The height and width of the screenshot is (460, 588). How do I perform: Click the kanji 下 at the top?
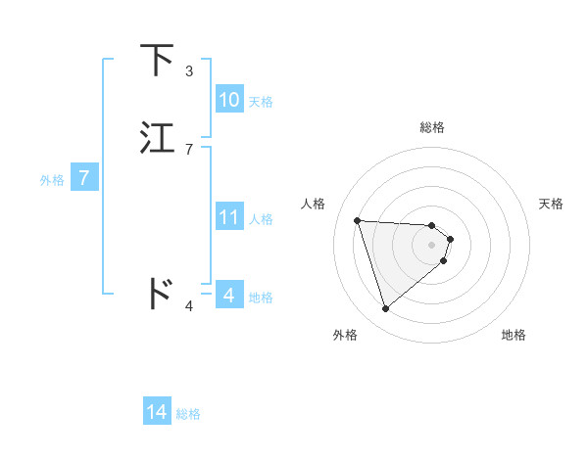tap(158, 60)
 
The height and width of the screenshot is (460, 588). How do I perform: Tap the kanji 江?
tap(158, 138)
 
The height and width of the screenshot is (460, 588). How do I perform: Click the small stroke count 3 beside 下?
tap(189, 71)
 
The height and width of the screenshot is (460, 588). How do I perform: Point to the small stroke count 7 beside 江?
tap(189, 150)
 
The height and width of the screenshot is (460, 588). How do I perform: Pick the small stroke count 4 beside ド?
tap(189, 306)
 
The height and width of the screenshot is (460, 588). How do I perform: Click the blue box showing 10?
tap(228, 100)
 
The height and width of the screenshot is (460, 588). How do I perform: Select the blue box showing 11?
tap(228, 217)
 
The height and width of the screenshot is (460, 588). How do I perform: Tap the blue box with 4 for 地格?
tap(228, 295)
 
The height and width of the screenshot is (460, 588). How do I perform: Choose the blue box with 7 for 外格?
tap(84, 179)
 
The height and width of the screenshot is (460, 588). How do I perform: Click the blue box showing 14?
tap(157, 412)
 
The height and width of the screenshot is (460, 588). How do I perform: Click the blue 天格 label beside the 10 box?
tap(261, 102)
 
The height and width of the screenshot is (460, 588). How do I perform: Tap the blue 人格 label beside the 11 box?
tap(261, 219)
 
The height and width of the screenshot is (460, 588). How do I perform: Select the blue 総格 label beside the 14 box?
tap(188, 414)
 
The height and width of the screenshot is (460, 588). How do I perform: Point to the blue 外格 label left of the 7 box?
tap(52, 180)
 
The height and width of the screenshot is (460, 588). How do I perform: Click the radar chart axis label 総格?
tap(432, 126)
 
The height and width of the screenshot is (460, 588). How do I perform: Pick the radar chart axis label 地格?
tap(514, 335)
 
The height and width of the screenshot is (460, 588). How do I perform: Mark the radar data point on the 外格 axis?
tap(385, 309)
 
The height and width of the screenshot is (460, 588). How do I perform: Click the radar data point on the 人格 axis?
tap(358, 220)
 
